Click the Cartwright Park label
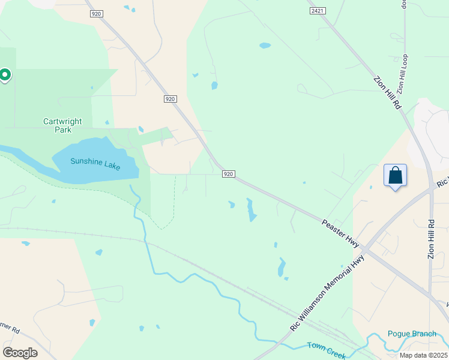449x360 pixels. click(62, 125)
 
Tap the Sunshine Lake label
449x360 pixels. click(95, 162)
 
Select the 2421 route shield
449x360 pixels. click(318, 11)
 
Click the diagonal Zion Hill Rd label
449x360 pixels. click(387, 92)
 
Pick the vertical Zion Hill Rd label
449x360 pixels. click(431, 239)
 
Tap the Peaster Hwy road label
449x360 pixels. click(340, 232)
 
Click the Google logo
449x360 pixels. click(20, 352)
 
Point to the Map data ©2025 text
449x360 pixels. click(423, 355)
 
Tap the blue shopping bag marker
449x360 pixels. click(395, 176)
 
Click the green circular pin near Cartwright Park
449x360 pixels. click(5, 75)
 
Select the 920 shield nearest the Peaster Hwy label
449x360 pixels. click(228, 174)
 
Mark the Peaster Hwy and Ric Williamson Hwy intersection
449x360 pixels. click(367, 248)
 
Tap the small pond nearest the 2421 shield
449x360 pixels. click(265, 45)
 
